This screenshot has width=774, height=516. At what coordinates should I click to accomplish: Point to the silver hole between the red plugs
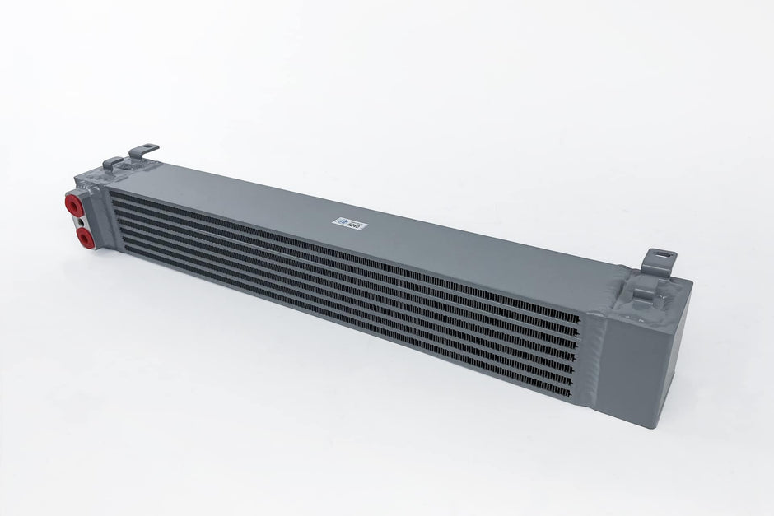point(77,221)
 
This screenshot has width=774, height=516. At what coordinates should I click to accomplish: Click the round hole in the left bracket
point(147,148)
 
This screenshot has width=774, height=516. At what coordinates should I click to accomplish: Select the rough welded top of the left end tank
point(103,173)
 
